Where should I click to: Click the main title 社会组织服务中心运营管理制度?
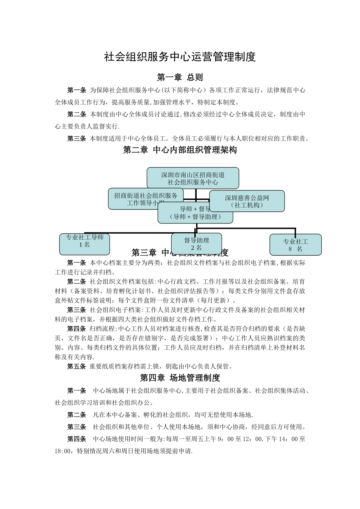(180, 57)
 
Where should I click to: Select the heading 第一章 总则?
(180, 77)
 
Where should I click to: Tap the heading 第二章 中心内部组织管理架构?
(180, 150)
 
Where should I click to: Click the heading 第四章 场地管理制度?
(180, 378)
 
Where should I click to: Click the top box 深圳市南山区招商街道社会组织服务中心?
(193, 178)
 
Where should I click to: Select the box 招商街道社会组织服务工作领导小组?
(146, 198)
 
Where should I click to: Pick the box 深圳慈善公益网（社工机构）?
(247, 201)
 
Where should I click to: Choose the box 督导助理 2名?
(196, 244)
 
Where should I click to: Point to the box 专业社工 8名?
(295, 245)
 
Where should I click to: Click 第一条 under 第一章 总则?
(77, 90)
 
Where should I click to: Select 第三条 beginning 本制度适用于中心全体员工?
(77, 139)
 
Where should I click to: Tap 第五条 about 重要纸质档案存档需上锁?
(77, 366)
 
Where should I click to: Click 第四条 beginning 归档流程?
(77, 329)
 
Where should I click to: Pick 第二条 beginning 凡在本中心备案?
(77, 415)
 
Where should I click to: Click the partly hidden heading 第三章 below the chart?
(144, 253)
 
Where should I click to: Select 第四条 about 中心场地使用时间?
(77, 439)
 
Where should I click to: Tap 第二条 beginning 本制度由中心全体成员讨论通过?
(77, 114)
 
